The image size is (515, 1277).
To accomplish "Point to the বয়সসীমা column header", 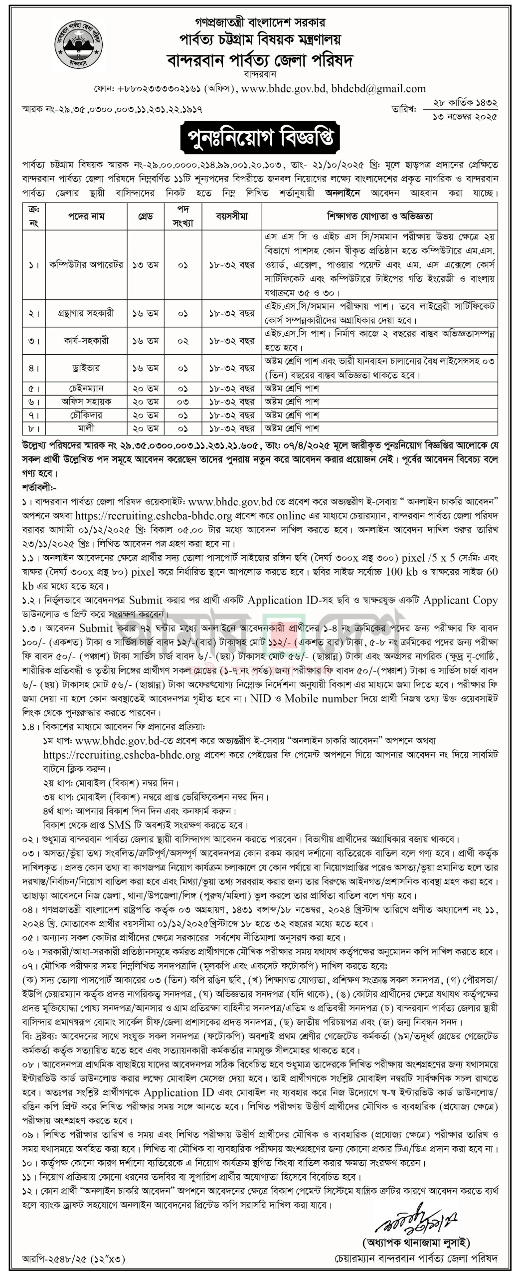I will [x=231, y=216].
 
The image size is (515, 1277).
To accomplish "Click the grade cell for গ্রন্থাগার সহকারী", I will [x=145, y=314].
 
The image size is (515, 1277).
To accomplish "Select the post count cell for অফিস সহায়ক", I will [x=183, y=402].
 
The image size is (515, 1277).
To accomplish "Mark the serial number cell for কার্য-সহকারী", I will [x=33, y=341].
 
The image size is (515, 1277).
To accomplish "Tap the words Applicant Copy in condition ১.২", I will [x=460, y=600].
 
